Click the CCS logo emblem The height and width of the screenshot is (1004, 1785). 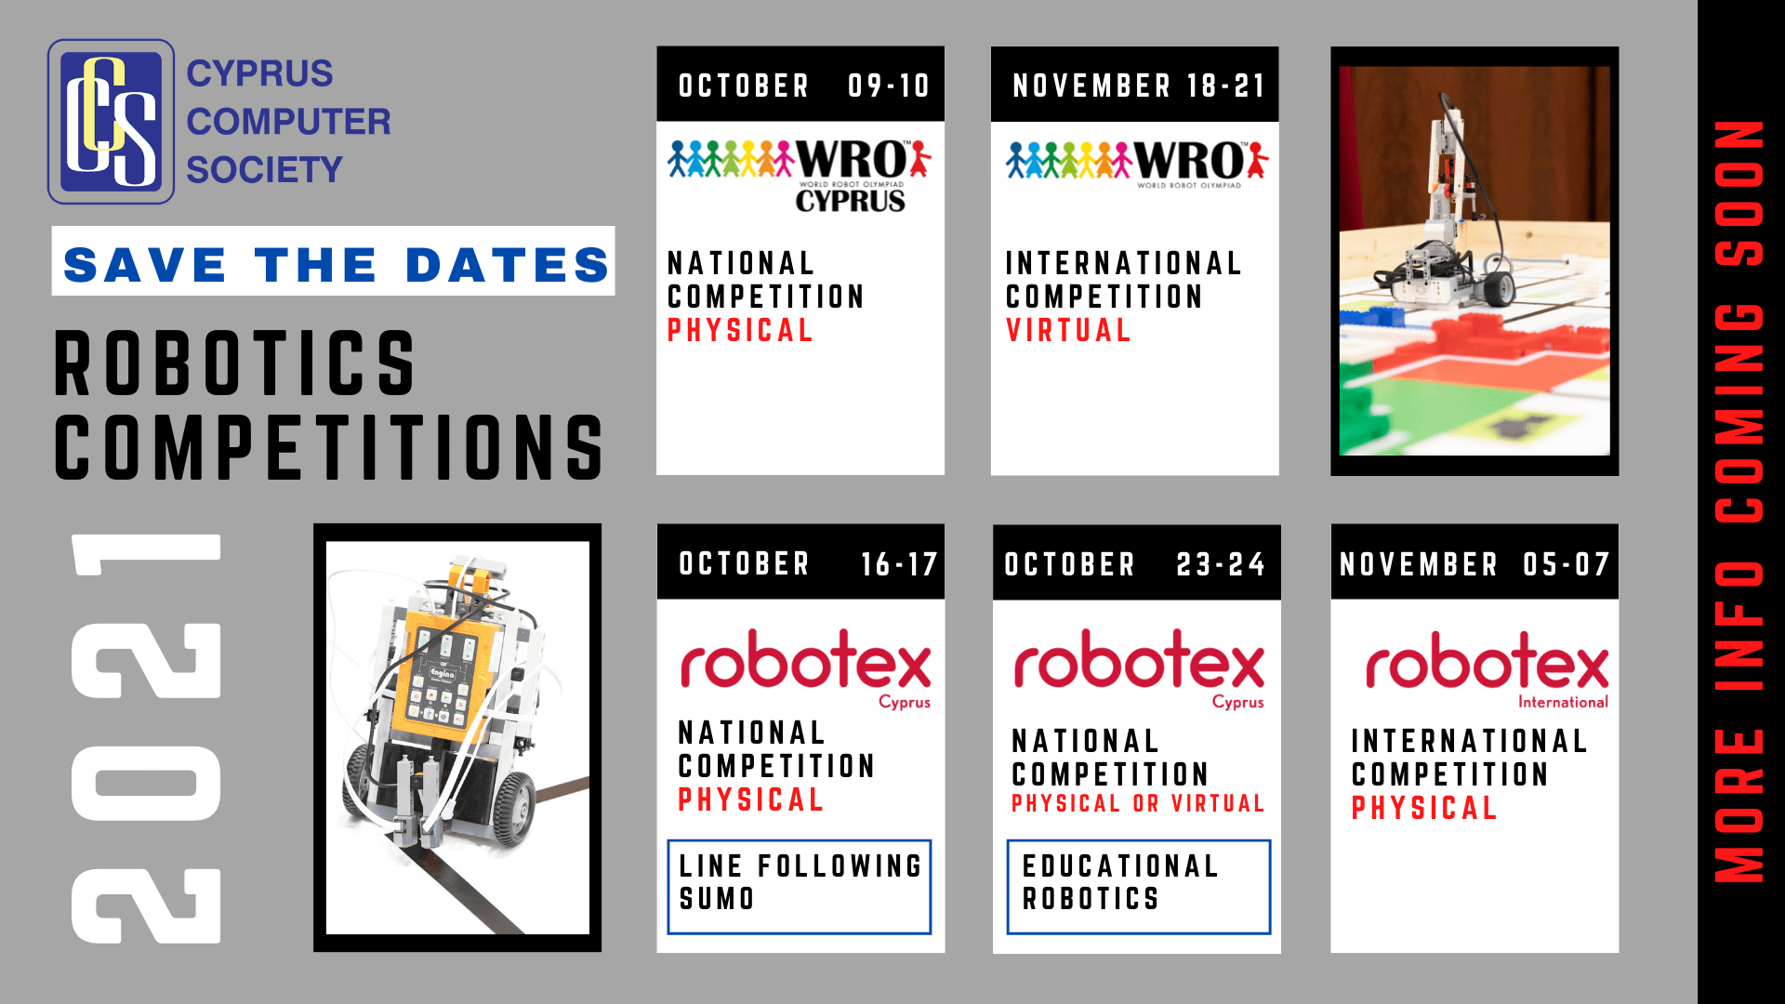[111, 121]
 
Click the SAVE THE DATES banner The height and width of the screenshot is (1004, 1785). [333, 261]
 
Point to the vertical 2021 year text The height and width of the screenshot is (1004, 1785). [146, 738]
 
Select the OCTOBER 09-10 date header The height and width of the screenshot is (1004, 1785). [800, 85]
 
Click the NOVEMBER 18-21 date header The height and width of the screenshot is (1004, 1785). [1135, 85]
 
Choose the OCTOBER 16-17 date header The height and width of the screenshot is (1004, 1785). [800, 562]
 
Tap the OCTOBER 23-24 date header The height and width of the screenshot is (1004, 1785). [1136, 563]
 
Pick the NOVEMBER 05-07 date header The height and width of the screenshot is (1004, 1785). [1474, 563]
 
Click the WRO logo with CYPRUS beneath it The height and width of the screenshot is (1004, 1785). [800, 176]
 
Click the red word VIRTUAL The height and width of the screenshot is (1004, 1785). [1068, 330]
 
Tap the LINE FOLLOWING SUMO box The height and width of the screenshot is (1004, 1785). [800, 887]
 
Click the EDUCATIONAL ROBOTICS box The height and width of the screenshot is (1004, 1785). [1138, 887]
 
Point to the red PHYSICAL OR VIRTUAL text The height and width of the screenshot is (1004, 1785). [1138, 803]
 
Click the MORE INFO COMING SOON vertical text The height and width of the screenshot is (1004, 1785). [1739, 501]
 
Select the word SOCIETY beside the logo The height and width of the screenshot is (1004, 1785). [264, 170]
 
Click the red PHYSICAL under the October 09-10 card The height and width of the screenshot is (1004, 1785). [740, 330]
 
